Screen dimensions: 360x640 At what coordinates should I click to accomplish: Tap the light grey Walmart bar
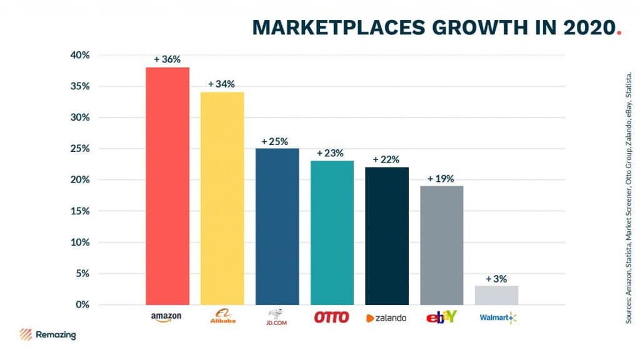pos(496,295)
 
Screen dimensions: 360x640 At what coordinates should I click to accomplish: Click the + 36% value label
pos(167,60)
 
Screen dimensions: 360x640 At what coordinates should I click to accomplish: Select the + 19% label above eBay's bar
pos(441,179)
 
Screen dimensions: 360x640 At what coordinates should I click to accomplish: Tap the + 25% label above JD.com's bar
pos(275,141)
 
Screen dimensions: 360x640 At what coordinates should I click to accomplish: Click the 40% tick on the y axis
pos(80,55)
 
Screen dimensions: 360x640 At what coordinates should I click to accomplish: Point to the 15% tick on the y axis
pos(80,211)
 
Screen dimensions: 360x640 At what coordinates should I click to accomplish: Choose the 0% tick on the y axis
pos(82,305)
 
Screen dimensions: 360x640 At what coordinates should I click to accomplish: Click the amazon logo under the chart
pos(166,317)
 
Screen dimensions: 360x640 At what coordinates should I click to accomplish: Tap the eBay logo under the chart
pos(441,317)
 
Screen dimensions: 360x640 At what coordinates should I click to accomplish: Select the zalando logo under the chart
pos(386,318)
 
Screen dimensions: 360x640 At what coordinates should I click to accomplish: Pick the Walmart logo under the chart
pos(497,318)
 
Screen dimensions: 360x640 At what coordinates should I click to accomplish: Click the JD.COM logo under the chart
pos(276,317)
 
